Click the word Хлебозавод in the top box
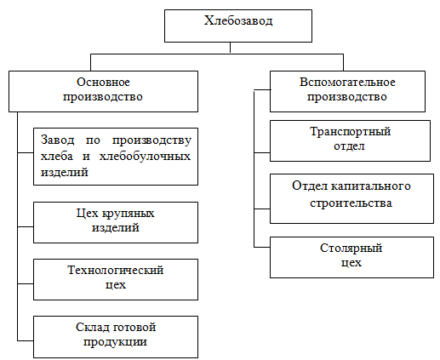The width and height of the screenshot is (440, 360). (238, 20)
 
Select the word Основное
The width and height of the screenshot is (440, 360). (103, 82)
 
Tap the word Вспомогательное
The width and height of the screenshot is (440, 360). (347, 82)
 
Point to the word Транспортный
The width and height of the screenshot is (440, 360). (350, 132)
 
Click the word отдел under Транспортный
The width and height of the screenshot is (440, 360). (349, 146)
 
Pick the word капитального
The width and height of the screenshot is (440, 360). (371, 186)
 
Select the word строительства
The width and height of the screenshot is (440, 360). (351, 203)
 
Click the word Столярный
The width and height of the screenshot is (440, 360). (351, 249)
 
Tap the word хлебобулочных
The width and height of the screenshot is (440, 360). (145, 157)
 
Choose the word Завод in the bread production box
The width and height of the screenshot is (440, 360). (57, 140)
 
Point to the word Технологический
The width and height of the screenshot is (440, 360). (116, 271)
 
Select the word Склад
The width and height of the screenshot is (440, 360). (92, 327)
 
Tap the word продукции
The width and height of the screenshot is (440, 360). (115, 342)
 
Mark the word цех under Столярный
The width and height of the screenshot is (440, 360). (351, 263)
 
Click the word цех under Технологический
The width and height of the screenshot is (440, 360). (116, 285)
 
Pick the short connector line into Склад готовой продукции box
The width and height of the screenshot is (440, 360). (26, 340)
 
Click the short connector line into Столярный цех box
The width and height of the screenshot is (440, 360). (262, 248)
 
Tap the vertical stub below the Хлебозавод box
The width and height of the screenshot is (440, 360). (230, 48)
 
